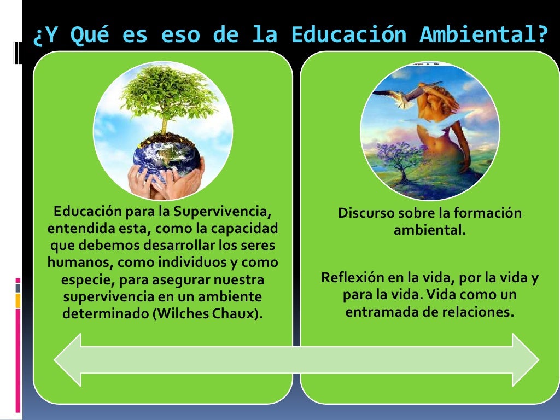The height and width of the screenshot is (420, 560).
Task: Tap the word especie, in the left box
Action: pos(84,280)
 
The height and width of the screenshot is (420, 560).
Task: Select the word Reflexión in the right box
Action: pos(353,278)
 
